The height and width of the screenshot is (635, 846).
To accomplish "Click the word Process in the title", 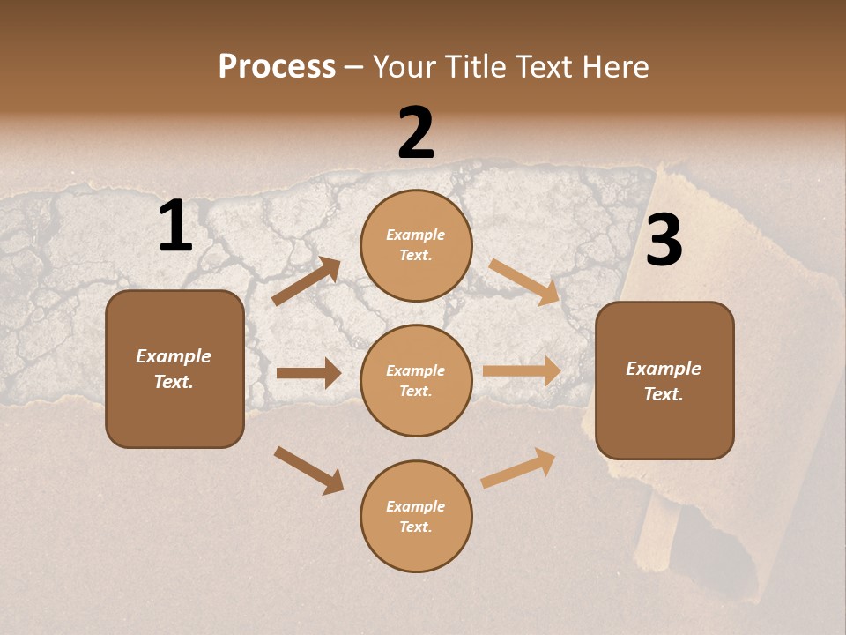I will (277, 67).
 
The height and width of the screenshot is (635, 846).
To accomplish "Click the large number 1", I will (175, 227).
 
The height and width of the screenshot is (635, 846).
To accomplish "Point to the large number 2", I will (416, 133).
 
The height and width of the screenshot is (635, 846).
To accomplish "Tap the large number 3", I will (664, 241).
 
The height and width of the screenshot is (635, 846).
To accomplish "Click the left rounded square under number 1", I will (174, 369).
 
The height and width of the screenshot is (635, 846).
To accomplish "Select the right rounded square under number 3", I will (664, 381).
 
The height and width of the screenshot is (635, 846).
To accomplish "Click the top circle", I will (416, 245).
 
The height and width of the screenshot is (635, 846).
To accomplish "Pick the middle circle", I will (416, 381).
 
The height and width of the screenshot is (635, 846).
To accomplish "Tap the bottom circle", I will (416, 516).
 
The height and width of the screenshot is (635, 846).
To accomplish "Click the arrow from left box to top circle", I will (307, 281).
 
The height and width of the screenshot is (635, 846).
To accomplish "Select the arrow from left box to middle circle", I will (308, 373).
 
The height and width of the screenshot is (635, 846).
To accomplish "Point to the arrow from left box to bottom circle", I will (308, 469).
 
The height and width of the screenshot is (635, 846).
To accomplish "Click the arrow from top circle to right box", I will (524, 282).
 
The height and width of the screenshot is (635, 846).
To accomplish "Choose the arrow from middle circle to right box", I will (522, 370).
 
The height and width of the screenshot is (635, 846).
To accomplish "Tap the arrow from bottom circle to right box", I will (518, 468).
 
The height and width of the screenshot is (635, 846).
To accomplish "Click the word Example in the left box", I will (174, 356).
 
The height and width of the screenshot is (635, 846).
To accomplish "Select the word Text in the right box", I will (662, 394).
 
